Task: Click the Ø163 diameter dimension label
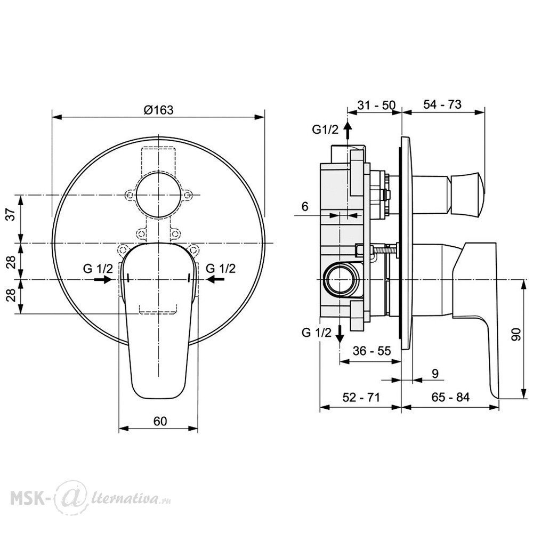coord(158,110)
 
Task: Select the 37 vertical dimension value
coord(11,214)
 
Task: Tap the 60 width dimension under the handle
coord(160,421)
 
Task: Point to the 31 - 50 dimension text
coord(377,106)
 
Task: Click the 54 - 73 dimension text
coord(442,104)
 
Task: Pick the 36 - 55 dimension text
coord(372,351)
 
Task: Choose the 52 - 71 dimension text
coord(361,397)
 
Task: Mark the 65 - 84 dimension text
coord(450,397)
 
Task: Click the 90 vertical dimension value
coord(516,335)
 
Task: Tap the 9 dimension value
coord(435,374)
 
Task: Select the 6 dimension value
coord(305,206)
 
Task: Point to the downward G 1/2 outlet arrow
coord(340,334)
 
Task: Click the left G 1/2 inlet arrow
coord(103,279)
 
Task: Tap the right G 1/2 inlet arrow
coord(215,279)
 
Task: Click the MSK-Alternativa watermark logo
coord(91,498)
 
